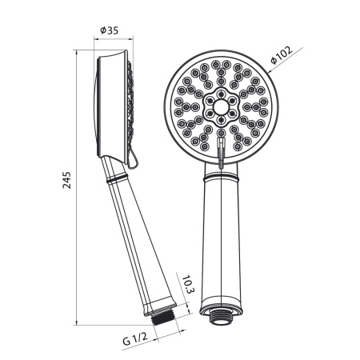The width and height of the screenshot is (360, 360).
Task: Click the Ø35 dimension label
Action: tap(109, 30)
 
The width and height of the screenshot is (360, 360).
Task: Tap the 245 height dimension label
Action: tap(67, 180)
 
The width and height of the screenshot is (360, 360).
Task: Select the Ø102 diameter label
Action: tap(282, 55)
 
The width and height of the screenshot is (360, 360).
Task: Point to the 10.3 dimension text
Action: tap(188, 285)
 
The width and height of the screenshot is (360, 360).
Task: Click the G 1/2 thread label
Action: tap(135, 338)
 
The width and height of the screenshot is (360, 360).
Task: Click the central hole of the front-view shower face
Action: tap(221, 107)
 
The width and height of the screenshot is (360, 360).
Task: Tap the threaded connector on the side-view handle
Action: tap(163, 317)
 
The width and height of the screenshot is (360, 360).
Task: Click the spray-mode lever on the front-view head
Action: tap(221, 153)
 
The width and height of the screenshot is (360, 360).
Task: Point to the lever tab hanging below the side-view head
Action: tap(132, 160)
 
